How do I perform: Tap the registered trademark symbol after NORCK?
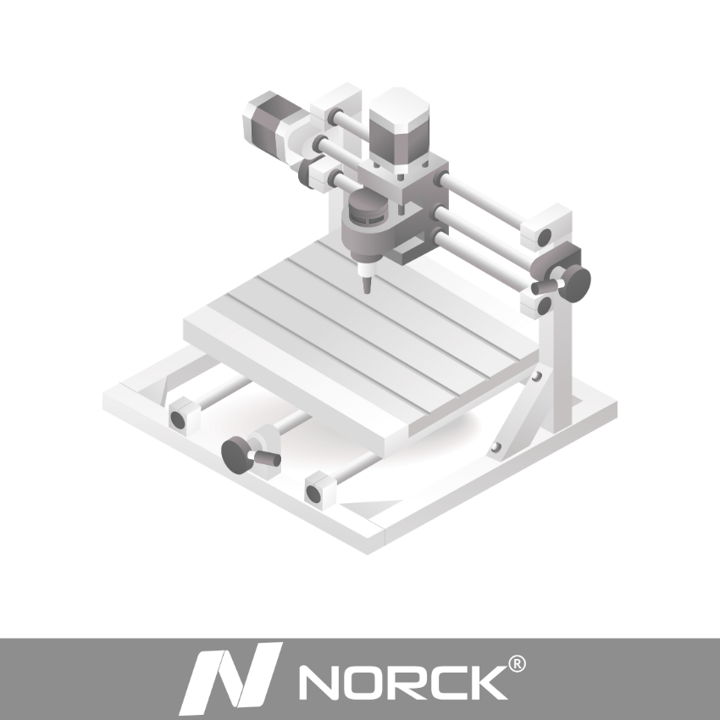click(517, 664)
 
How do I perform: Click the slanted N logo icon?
click(230, 678)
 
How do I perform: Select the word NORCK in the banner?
click(403, 683)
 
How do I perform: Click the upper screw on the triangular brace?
click(536, 377)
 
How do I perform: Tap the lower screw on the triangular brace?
click(496, 446)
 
